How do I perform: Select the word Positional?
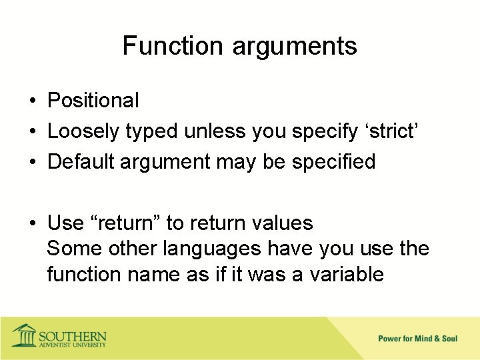pyautogui.click(x=93, y=101)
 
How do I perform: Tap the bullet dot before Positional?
pyautogui.click(x=33, y=101)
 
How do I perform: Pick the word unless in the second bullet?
pyautogui.click(x=215, y=131)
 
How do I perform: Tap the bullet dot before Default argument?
pyautogui.click(x=33, y=162)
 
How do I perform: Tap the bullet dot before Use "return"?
pyautogui.click(x=33, y=223)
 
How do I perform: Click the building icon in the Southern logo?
pyautogui.click(x=25, y=335)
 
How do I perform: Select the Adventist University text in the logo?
pyautogui.click(x=73, y=345)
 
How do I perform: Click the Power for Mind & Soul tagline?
pyautogui.click(x=417, y=339)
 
